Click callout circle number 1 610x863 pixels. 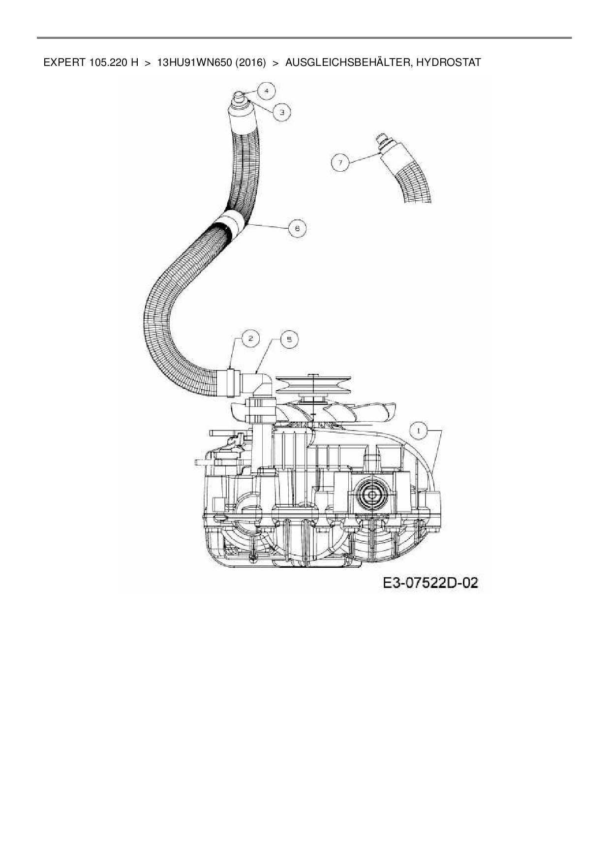pos(418,431)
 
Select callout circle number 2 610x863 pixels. pos(250,338)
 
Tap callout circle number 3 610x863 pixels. pos(281,112)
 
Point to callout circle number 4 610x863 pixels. pos(266,91)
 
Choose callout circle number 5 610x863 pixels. pos(289,339)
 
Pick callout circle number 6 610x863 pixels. pos(297,228)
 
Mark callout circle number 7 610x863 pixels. pos(340,162)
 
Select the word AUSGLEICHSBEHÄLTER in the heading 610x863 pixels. pos(347,62)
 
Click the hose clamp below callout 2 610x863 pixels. pos(230,381)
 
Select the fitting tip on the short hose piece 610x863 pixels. pos(381,138)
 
